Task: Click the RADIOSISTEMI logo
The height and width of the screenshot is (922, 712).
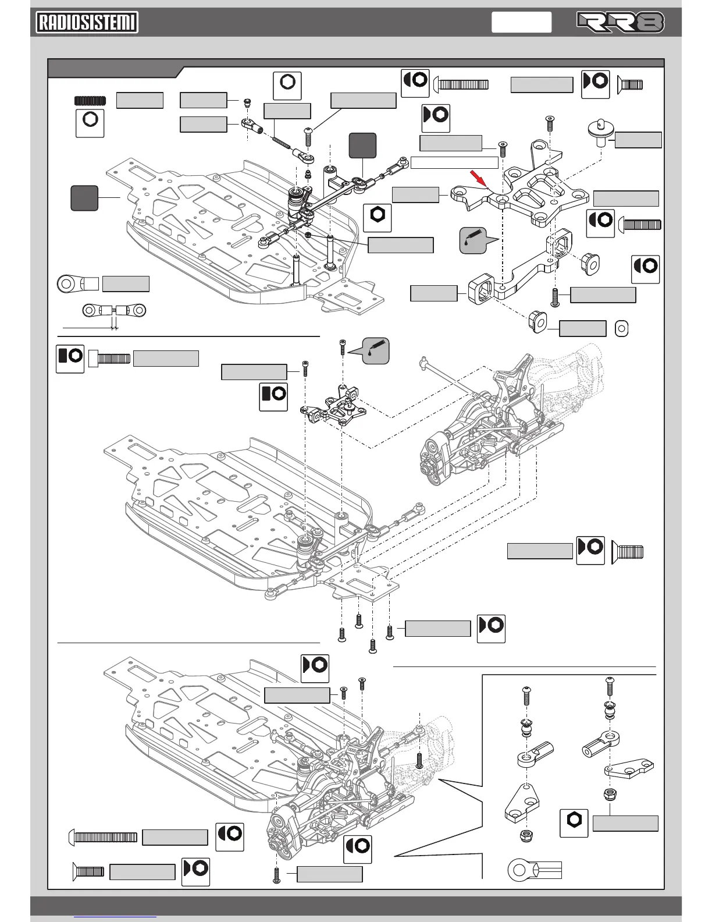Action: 87,23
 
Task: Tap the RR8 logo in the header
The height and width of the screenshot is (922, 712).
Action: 620,22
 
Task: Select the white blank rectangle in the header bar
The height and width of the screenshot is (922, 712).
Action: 521,22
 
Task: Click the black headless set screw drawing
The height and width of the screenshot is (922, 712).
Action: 90,101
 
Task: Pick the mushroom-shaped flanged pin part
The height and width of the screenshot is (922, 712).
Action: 601,132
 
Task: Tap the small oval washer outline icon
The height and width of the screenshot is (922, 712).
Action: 621,328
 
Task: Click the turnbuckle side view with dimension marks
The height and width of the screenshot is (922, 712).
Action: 114,311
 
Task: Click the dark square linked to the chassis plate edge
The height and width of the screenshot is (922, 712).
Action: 84,198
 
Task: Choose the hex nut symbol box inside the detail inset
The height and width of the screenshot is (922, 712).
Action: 574,823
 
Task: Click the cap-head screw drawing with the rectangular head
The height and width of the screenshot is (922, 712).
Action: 109,359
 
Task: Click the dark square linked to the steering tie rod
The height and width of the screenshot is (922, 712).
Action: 362,146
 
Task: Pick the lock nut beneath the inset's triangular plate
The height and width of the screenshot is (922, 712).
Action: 526,836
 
